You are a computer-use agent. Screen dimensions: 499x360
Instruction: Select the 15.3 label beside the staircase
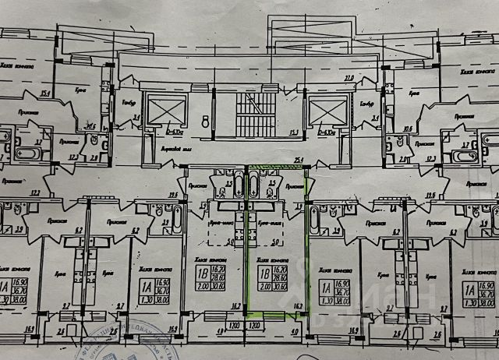tap(296, 132)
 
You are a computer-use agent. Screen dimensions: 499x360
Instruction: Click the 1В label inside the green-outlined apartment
tap(264, 274)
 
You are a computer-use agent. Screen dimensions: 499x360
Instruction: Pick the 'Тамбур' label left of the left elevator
tap(129, 102)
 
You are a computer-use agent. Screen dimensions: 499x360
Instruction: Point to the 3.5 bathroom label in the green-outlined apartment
tap(272, 184)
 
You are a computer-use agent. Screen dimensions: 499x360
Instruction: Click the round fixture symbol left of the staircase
tap(204, 122)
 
